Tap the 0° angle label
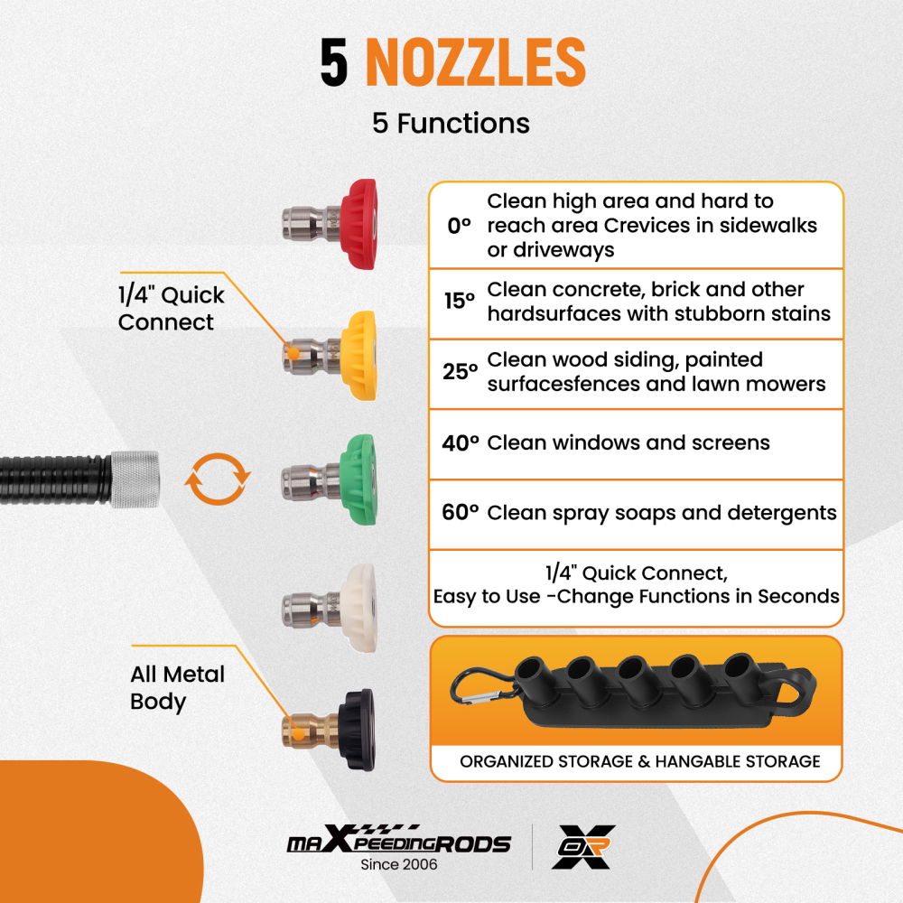[x=460, y=226]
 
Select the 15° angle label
[x=460, y=302]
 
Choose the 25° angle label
[x=460, y=372]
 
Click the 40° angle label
[x=460, y=442]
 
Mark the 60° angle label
[x=460, y=513]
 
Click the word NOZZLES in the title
[x=475, y=63]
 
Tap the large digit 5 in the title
[x=334, y=63]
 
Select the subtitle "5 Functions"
[x=451, y=123]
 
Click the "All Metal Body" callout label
[x=177, y=687]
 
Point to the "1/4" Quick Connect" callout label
[x=171, y=309]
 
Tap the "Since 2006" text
[x=398, y=864]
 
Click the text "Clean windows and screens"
[x=628, y=442]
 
